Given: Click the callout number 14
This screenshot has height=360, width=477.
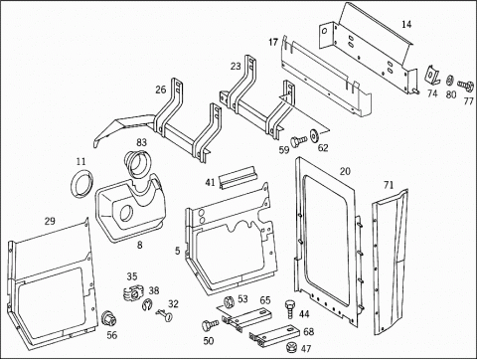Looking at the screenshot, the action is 406,24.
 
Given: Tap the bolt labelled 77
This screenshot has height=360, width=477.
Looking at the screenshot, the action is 466,86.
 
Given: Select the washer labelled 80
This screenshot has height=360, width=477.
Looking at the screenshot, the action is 450,81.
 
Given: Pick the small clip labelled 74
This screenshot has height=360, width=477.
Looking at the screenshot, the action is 431,74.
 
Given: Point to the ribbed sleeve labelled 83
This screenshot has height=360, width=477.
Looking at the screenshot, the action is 137,164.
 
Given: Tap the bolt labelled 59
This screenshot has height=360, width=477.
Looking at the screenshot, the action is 297,140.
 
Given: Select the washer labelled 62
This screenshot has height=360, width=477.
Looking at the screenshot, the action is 313,134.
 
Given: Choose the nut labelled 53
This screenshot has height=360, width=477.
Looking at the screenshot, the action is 229,302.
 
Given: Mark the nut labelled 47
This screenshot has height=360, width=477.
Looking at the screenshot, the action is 291,347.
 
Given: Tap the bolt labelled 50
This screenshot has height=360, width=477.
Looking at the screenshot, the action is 210,325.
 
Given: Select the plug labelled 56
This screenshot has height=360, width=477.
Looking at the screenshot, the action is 108,319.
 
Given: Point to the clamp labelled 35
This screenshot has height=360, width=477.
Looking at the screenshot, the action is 132,292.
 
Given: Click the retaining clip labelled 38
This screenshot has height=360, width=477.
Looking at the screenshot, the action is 147,304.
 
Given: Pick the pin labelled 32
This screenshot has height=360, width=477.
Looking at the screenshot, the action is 165,314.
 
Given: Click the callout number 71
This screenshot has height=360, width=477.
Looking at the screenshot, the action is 389,185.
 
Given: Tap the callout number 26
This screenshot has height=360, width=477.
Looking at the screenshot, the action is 161,90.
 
